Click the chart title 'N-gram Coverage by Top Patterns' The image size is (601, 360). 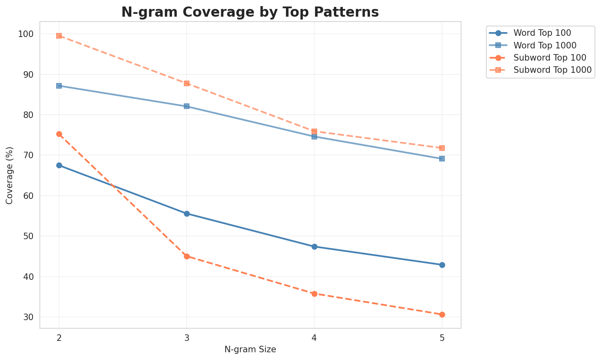coord(250,12)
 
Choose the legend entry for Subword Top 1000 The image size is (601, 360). coord(552,70)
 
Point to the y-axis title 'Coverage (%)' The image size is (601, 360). coord(10,175)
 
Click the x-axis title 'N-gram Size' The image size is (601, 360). coord(250,349)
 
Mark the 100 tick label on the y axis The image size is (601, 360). coord(26,34)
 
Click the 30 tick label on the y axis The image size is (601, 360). coord(28,317)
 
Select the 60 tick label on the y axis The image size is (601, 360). coord(28,196)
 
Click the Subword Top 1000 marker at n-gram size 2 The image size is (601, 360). coord(59,36)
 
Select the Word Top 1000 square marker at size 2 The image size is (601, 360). coord(59,86)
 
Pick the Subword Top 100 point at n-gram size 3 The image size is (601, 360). coord(187,256)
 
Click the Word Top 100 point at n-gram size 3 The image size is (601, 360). coord(187,214)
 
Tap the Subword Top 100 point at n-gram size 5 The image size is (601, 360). coord(442,314)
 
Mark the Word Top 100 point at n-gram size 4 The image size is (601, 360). coord(314,247)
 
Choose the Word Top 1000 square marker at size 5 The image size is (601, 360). coord(442,159)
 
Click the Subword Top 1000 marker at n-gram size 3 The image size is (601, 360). coord(187,83)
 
